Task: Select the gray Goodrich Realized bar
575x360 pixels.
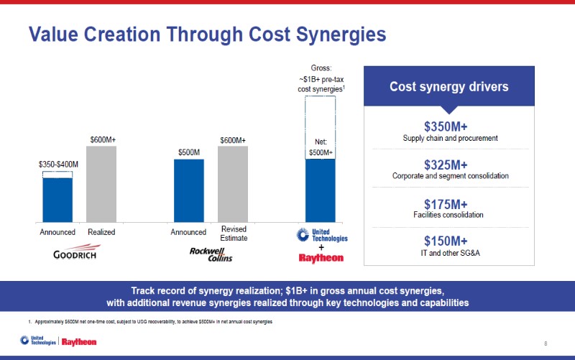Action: click(x=101, y=184)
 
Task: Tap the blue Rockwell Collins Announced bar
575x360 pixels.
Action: click(x=188, y=190)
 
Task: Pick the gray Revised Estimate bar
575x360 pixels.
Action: click(x=233, y=184)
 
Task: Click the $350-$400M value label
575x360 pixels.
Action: click(x=58, y=165)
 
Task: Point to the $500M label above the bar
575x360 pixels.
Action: click(x=188, y=152)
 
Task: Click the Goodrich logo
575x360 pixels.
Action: click(x=75, y=254)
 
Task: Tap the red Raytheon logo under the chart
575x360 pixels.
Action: click(x=321, y=258)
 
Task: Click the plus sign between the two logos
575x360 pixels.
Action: click(x=321, y=247)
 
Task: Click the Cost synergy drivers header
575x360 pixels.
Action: click(x=449, y=87)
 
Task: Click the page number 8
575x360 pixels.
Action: click(x=546, y=343)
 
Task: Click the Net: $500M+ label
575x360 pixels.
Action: click(x=321, y=147)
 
